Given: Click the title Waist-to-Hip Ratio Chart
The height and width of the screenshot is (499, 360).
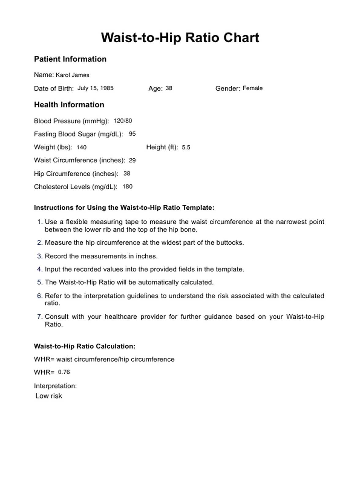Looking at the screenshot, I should pos(180,38).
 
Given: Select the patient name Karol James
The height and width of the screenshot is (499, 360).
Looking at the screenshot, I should pos(73,75).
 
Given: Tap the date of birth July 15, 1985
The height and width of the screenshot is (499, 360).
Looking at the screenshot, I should pos(95,88).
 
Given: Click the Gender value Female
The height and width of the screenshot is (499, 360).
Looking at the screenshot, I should pos(253,88).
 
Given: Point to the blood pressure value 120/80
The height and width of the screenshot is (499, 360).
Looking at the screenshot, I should pos(123,121).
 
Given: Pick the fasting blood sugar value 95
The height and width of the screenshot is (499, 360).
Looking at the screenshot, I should pos(132,134).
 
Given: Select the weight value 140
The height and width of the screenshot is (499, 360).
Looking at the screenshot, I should pos(81,147).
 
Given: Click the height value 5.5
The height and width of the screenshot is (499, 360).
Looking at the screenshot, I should pos(186,147).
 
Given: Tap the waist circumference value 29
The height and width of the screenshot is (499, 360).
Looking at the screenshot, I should pos(132,160).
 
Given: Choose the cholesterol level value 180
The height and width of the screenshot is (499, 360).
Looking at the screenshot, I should pos(127,186).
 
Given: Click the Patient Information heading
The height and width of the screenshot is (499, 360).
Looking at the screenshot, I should pos(70,59).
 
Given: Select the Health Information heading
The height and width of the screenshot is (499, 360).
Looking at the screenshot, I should pos(69,105).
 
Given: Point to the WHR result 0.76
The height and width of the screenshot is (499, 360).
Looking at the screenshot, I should pos(64,372).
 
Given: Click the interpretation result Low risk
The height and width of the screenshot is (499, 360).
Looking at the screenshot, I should pos(49,396).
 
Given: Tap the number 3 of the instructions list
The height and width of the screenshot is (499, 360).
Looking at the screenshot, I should pos(39,256).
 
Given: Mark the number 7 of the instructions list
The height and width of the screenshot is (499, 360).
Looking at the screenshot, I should pos(39,317).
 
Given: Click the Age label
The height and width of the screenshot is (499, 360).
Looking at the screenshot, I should pos(155,88).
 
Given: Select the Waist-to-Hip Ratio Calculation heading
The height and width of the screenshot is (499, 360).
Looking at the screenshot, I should pos(84,346).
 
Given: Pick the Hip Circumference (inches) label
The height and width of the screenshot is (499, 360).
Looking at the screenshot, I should pos(76,174).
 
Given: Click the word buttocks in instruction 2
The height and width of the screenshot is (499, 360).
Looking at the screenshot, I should pos(231,243).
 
